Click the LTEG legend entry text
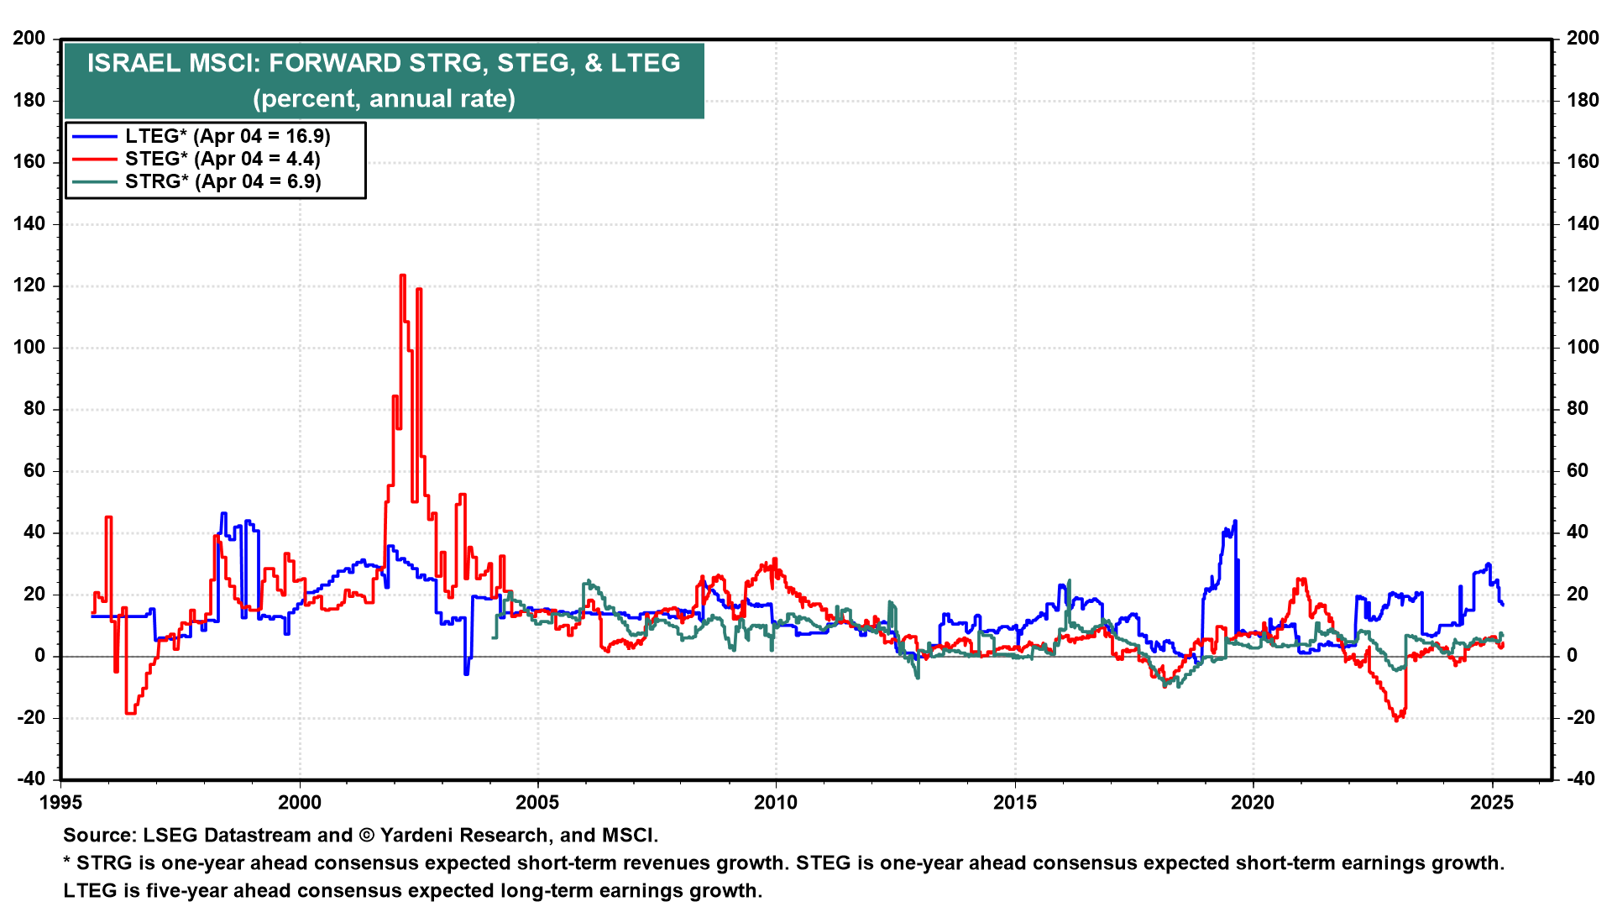pyautogui.click(x=228, y=136)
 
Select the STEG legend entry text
pyautogui.click(x=222, y=159)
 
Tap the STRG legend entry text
pyautogui.click(x=223, y=181)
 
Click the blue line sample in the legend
pyautogui.click(x=94, y=136)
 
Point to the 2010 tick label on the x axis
pyautogui.click(x=776, y=803)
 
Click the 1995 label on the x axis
pyautogui.click(x=61, y=803)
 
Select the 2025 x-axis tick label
pyautogui.click(x=1492, y=803)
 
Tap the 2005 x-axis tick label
pyautogui.click(x=537, y=803)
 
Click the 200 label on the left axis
pyautogui.click(x=29, y=39)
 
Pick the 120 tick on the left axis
pyautogui.click(x=29, y=286)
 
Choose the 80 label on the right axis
pyautogui.click(x=1578, y=409)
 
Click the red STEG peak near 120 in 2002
pyautogui.click(x=403, y=275)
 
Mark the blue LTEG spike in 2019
pyautogui.click(x=1234, y=522)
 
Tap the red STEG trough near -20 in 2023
pyautogui.click(x=1396, y=720)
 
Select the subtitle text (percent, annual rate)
pyautogui.click(x=385, y=99)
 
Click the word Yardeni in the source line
pyautogui.click(x=418, y=836)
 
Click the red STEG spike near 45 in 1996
pyautogui.click(x=108, y=518)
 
